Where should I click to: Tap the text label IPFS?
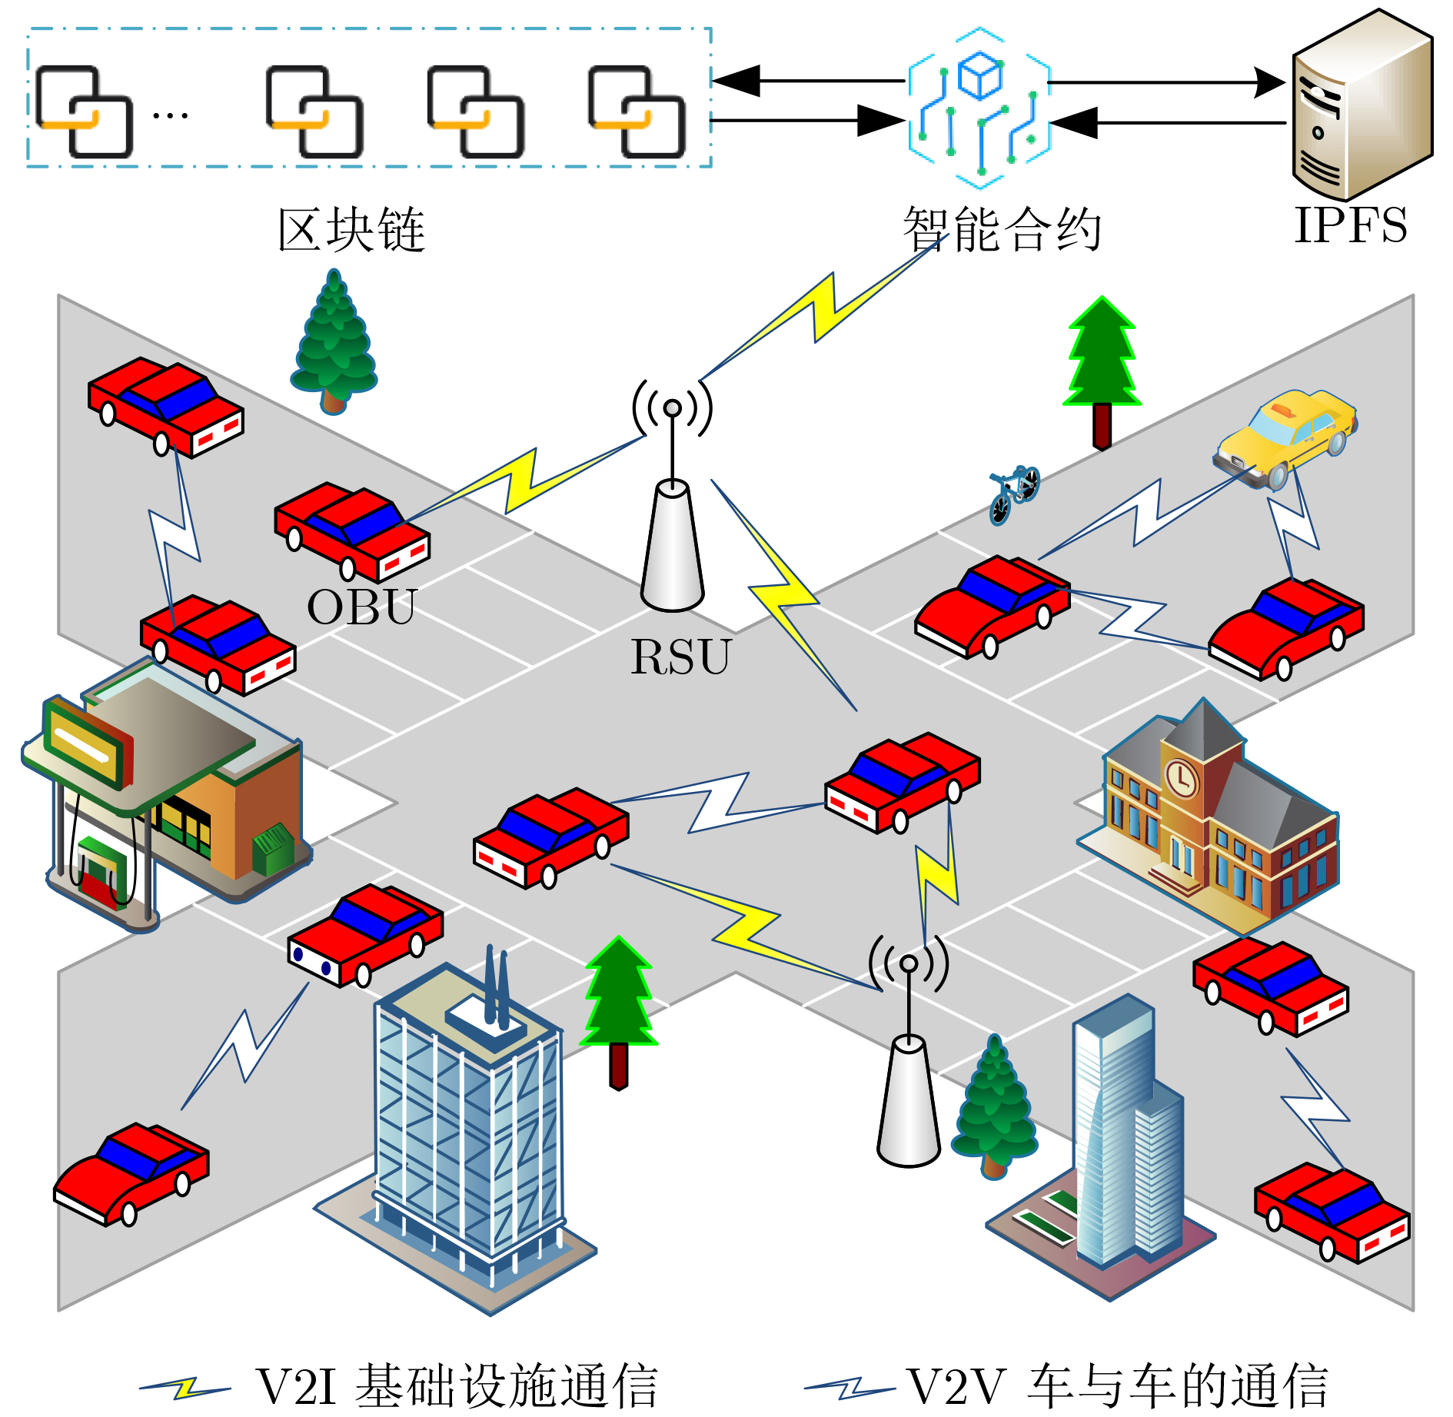tap(1350, 225)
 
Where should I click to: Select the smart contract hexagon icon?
tap(979, 108)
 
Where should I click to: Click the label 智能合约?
tap(1002, 229)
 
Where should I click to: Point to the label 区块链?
tap(351, 229)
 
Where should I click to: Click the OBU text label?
tap(361, 607)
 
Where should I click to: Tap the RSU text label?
tap(680, 657)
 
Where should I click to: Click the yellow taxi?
tap(1285, 436)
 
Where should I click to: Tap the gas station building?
tap(165, 792)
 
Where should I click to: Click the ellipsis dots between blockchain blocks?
tap(170, 116)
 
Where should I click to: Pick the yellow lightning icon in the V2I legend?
tap(185, 1389)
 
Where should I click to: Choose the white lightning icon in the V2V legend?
tap(850, 1389)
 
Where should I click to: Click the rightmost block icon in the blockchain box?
tap(637, 111)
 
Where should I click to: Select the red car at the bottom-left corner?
tap(131, 1173)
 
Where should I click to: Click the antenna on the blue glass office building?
tap(496, 988)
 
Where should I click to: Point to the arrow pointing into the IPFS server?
tap(1268, 81)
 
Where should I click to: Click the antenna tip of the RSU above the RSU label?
tap(672, 408)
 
